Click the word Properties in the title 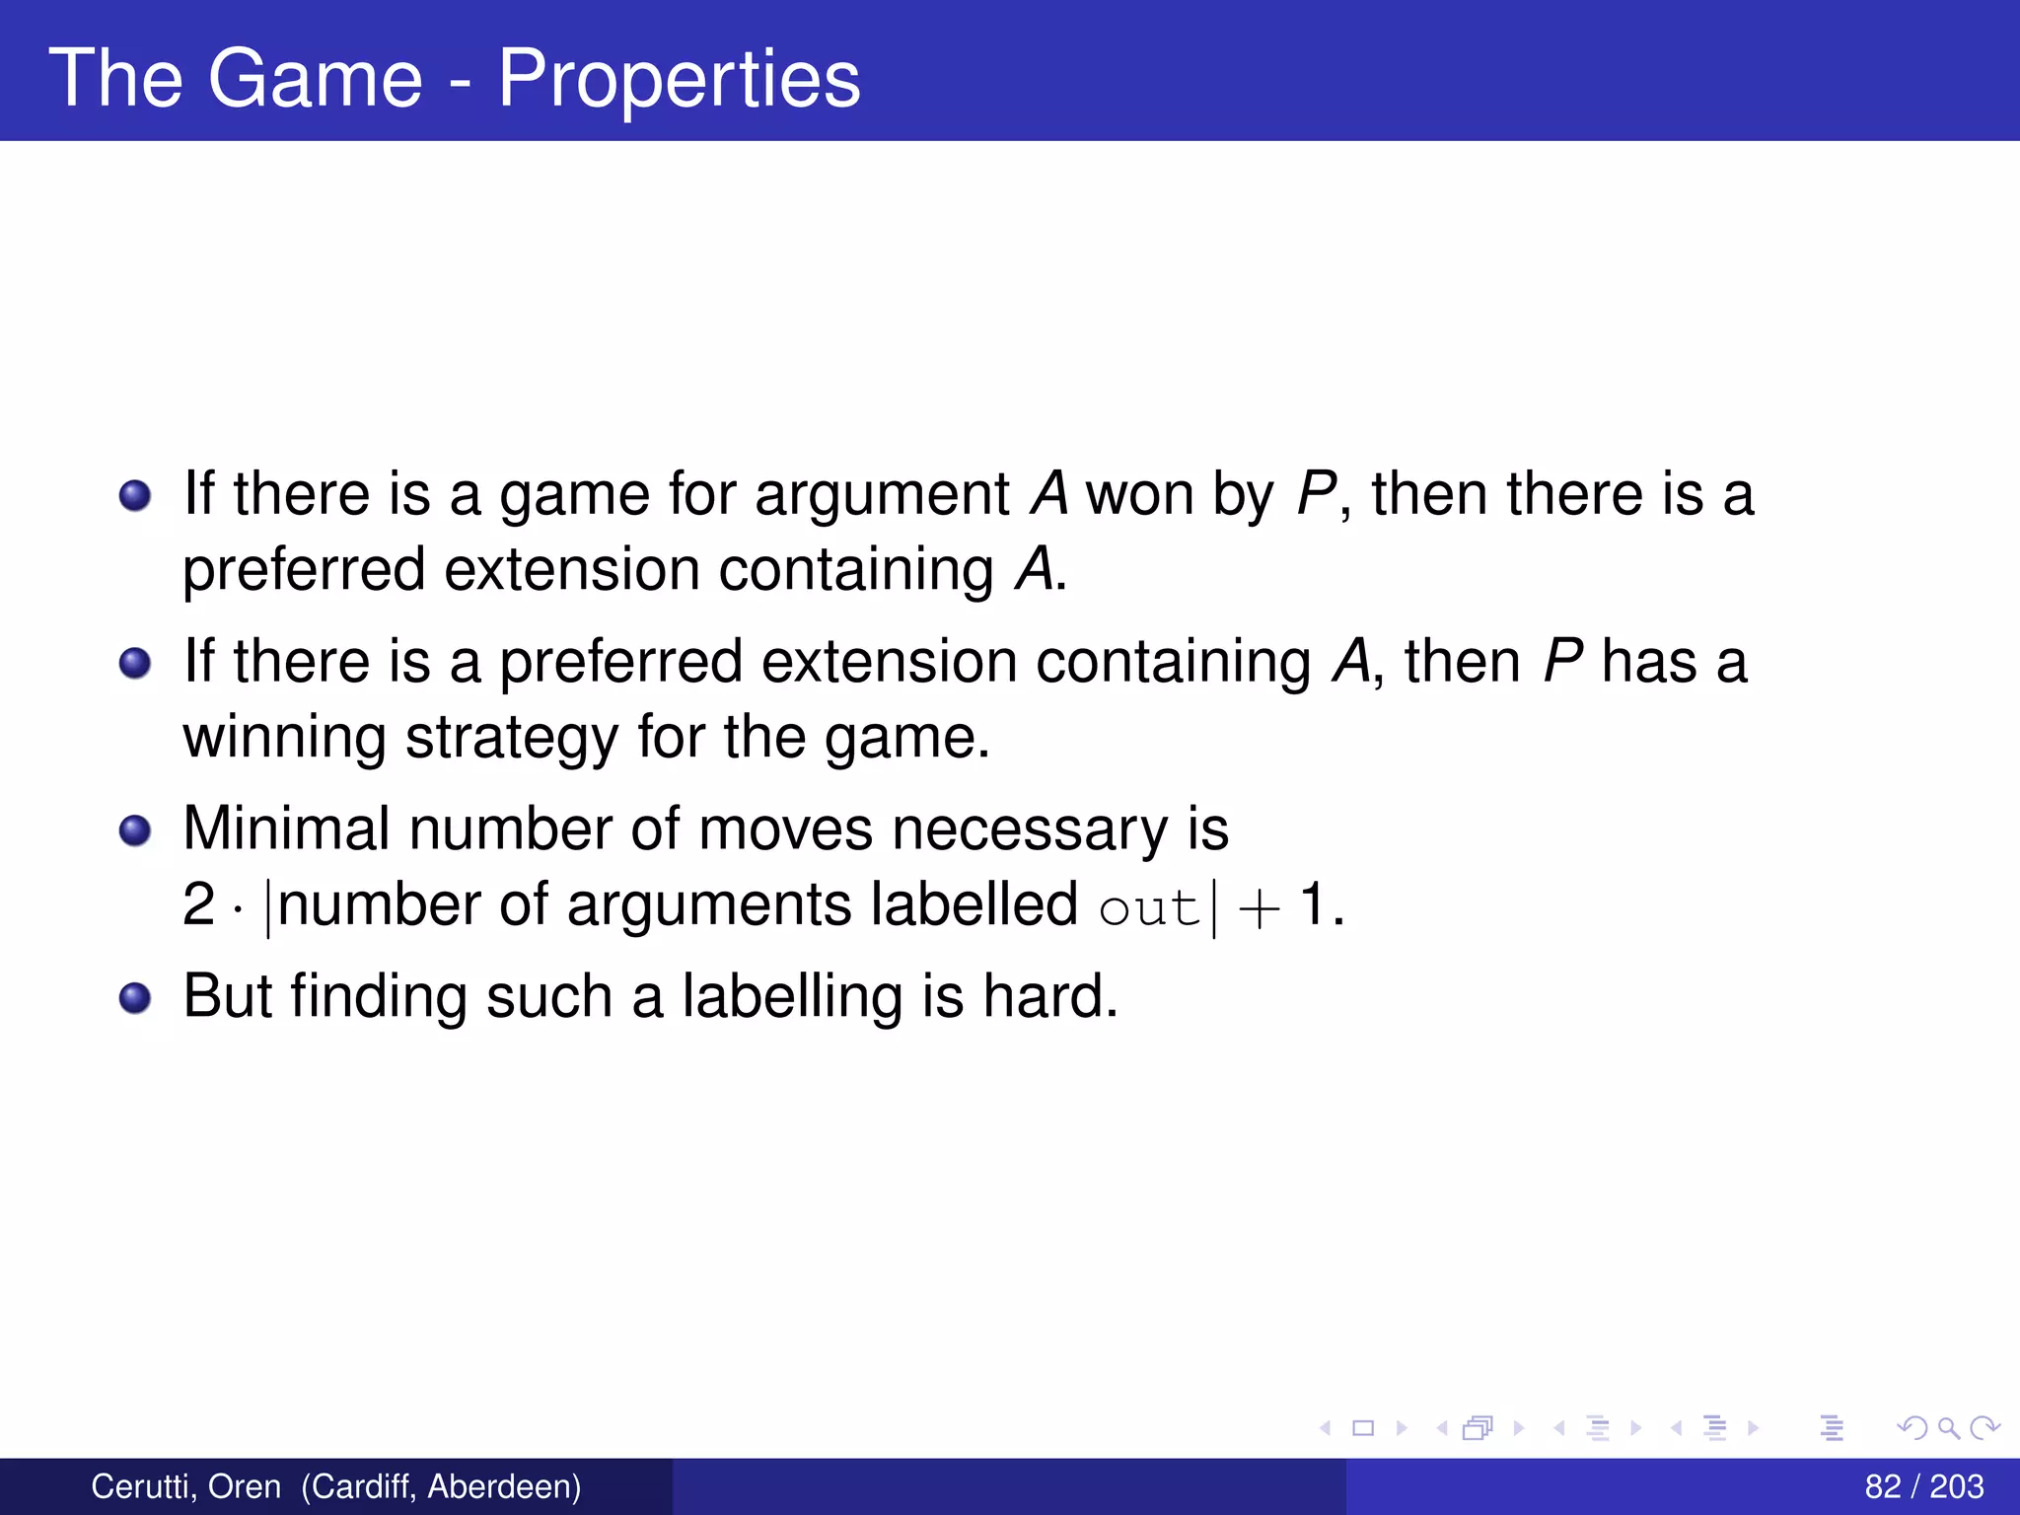[x=679, y=79]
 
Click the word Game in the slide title [x=315, y=79]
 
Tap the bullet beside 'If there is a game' [x=135, y=495]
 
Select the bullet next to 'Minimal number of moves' [x=135, y=830]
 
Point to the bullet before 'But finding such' [x=135, y=998]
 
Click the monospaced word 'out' [x=1148, y=907]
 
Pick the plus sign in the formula [x=1259, y=907]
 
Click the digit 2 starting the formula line [x=198, y=904]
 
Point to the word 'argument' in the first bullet [x=882, y=495]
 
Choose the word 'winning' [x=285, y=739]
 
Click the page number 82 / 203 [x=1923, y=1486]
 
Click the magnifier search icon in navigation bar [x=1948, y=1427]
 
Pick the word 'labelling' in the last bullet [x=793, y=996]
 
